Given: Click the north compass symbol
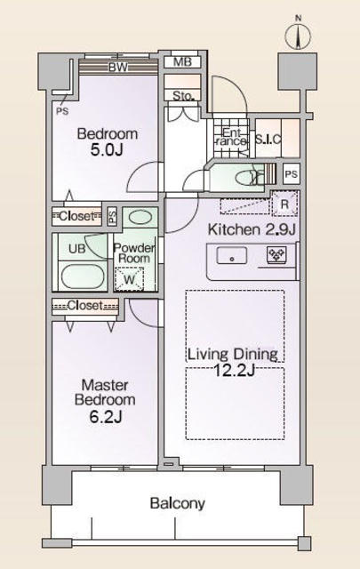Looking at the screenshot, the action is coord(298,36).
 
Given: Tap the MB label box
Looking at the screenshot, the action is coord(182,62).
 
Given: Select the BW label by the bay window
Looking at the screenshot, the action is coord(118,68).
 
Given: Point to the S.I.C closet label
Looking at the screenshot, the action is coord(268,139).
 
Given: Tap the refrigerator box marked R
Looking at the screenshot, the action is coord(284,204).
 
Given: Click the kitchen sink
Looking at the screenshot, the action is coord(231,256).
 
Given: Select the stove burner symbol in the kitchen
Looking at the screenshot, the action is coord(276,254).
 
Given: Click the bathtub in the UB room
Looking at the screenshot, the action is coord(83,276).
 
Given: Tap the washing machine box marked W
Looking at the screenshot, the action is coord(129,279).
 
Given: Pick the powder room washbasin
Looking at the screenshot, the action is coord(140,218).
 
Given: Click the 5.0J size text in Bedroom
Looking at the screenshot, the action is coord(107,150).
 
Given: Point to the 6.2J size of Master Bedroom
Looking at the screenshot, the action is coord(106,416).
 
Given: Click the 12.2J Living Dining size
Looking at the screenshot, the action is coord(234,371).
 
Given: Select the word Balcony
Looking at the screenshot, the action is coord(178,504).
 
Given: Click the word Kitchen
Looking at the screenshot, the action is coord(234,229).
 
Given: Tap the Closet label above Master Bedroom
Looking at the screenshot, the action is coord(85,306).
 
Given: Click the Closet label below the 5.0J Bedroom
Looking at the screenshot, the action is coord(76,216).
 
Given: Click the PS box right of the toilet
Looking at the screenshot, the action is coord(291,174).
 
